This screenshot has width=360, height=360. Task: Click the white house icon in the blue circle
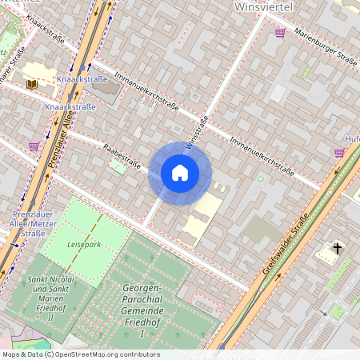tap(180, 173)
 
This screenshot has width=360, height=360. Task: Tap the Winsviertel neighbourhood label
tap(264, 7)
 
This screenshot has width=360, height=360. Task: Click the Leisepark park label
tap(84, 244)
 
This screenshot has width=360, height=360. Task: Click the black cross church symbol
tap(338, 250)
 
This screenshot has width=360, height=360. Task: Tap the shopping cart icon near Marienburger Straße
tap(280, 33)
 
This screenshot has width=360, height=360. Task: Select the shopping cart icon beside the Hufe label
tap(339, 152)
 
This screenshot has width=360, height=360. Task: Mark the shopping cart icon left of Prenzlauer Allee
tap(34, 146)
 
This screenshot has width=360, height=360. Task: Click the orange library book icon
tap(32, 83)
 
